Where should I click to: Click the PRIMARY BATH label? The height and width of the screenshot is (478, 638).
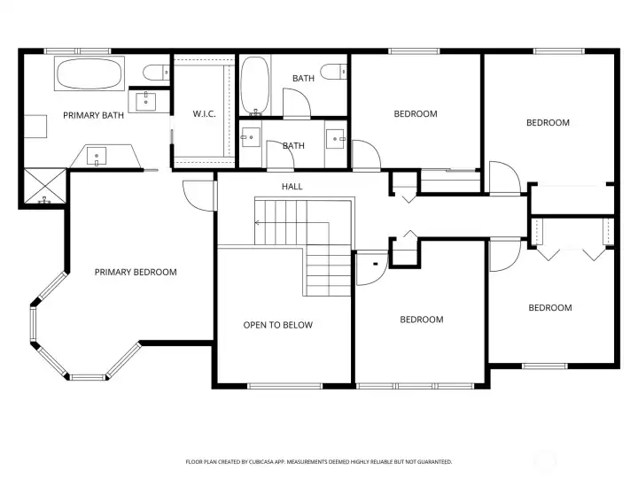tap(93, 115)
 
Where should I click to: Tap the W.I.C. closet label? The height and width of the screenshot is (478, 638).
tap(205, 113)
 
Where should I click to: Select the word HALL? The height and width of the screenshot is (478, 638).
tap(292, 187)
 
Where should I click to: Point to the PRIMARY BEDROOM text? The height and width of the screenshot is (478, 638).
tap(136, 272)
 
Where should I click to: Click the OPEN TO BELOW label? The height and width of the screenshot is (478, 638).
tap(277, 325)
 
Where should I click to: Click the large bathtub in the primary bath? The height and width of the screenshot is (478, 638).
tap(90, 73)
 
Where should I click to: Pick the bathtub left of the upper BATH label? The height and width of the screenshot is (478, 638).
tap(254, 86)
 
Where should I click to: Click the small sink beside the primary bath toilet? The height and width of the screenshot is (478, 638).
tap(144, 100)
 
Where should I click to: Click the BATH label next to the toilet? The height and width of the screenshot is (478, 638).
tap(303, 79)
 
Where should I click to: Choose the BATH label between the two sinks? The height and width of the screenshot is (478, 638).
tap(293, 145)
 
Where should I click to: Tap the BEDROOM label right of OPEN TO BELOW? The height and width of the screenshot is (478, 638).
tap(421, 320)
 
